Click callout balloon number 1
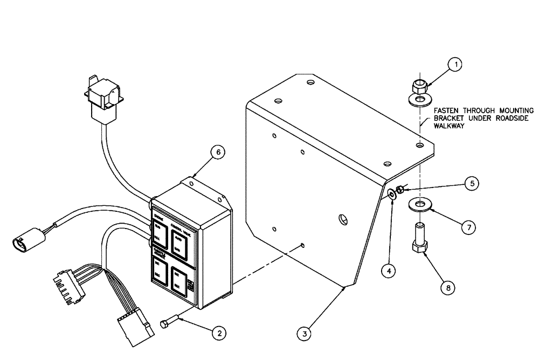pyautogui.click(x=455, y=65)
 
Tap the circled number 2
pyautogui.click(x=218, y=333)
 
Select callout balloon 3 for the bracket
pyautogui.click(x=305, y=334)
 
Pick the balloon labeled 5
pyautogui.click(x=472, y=183)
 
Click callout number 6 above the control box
pyautogui.click(x=217, y=153)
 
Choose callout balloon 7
pyautogui.click(x=468, y=228)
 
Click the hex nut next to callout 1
pyautogui.click(x=418, y=86)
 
